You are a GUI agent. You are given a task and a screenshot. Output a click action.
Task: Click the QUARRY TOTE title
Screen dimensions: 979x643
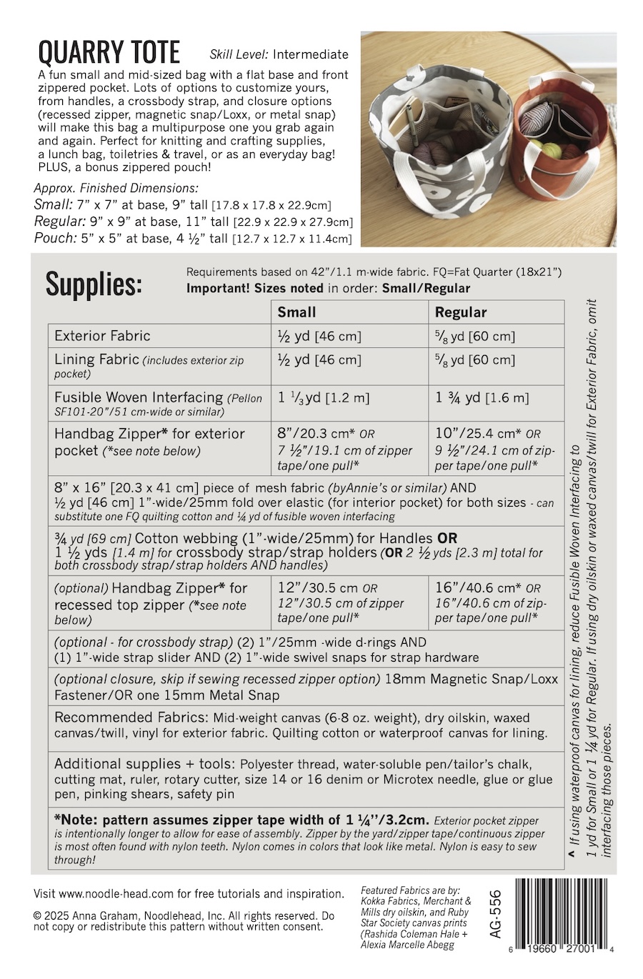(x=109, y=52)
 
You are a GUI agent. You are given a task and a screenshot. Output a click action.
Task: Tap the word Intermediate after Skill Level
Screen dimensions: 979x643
(x=311, y=54)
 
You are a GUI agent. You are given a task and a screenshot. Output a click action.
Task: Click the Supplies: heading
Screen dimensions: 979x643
(x=94, y=284)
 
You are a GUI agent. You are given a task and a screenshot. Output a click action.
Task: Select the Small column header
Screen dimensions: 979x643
(x=296, y=312)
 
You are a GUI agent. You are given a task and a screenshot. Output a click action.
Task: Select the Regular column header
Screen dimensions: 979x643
(x=461, y=312)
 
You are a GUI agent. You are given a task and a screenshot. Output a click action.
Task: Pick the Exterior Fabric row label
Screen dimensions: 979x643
(x=102, y=336)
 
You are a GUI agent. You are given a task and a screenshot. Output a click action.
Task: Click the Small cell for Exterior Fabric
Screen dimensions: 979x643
(x=319, y=336)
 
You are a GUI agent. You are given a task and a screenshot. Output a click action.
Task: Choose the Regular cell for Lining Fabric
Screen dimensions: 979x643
(x=474, y=360)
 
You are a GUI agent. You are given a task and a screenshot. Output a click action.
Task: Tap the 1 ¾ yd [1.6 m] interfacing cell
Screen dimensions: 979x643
(x=482, y=398)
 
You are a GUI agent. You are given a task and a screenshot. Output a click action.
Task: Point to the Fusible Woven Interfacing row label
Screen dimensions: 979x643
(x=139, y=397)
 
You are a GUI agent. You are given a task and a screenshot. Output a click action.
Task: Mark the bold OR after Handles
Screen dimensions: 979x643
(x=447, y=538)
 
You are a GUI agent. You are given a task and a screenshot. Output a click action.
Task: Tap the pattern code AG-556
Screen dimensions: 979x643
(x=496, y=915)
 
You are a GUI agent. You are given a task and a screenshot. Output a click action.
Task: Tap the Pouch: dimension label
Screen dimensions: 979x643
(x=55, y=238)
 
